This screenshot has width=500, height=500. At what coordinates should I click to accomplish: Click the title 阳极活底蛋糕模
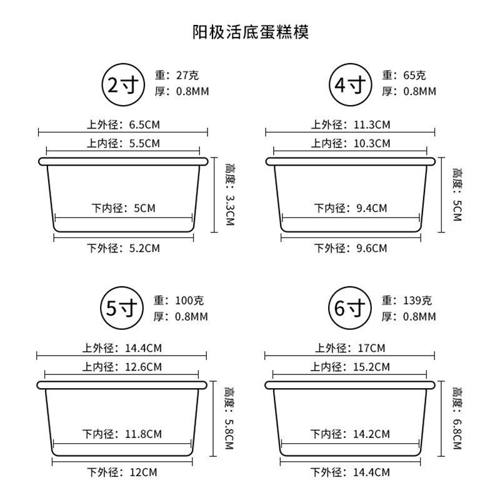[x=251, y=32]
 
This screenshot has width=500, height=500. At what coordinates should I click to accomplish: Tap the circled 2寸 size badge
[x=123, y=85]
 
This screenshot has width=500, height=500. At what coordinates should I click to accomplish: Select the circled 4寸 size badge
[x=351, y=85]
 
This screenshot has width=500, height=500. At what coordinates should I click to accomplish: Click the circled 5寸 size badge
[x=122, y=308]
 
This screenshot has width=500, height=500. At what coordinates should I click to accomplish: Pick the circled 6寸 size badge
[x=350, y=308]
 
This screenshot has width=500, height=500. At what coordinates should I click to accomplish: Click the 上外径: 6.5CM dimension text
[x=123, y=124]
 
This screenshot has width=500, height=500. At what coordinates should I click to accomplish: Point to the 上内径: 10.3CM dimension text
[x=351, y=143]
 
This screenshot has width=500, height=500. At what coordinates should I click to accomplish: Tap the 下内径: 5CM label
[x=124, y=208]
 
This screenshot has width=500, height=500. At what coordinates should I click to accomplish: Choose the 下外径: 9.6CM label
[x=351, y=248]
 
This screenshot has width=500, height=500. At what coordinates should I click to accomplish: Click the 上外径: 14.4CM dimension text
[x=122, y=348]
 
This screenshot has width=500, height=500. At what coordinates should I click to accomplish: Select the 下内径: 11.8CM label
[x=122, y=434]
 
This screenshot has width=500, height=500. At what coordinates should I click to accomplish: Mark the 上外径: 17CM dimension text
[x=350, y=348]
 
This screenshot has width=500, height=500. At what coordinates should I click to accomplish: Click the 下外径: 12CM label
[x=122, y=472]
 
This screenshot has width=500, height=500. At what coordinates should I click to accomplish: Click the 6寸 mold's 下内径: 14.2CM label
[x=350, y=434]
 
